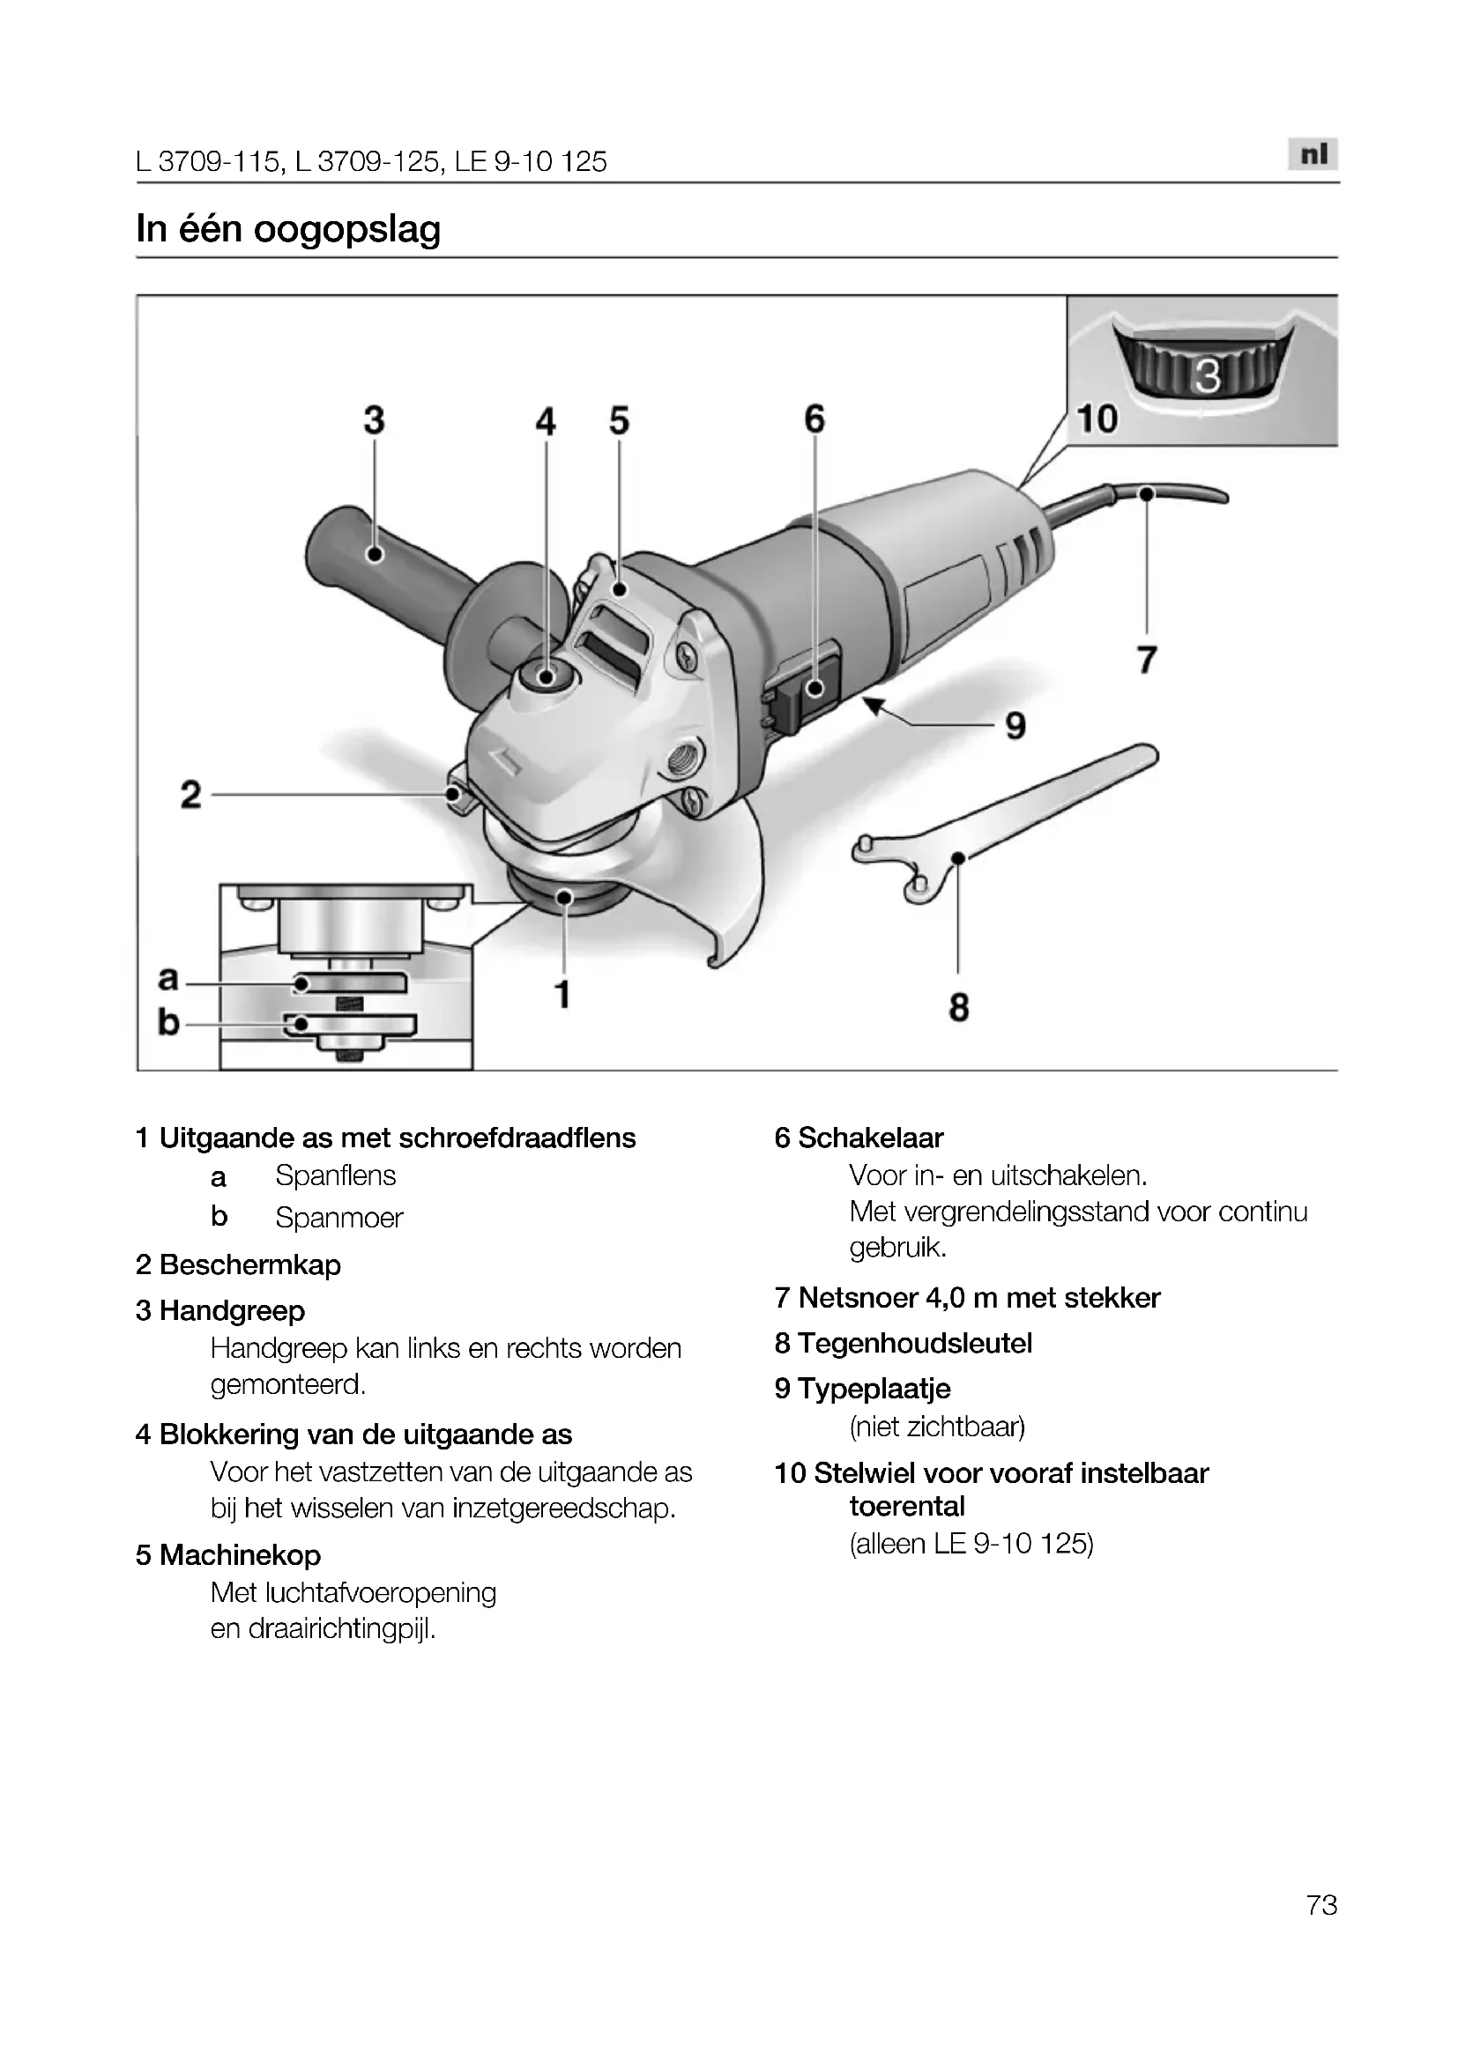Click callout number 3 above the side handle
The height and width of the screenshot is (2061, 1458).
[374, 420]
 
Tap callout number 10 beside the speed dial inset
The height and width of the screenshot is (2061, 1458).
[1097, 419]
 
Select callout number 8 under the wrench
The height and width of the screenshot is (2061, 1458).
[959, 1007]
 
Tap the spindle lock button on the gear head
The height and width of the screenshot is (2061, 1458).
[546, 675]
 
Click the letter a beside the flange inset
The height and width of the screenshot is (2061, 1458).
[167, 977]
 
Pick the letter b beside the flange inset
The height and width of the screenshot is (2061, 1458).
[167, 1022]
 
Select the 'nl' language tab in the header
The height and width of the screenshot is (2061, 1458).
[1313, 155]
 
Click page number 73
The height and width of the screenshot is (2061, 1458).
[1321, 1929]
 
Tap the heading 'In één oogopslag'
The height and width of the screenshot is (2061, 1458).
[288, 229]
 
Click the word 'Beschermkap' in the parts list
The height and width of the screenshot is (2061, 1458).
[249, 1264]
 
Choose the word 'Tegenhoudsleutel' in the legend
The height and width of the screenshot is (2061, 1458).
[915, 1343]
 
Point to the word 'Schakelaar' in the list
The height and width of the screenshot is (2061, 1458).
[870, 1138]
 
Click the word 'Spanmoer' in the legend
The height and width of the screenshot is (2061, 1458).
[338, 1218]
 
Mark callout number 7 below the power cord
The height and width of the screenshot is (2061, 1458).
[1147, 660]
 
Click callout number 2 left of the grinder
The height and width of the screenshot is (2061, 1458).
[190, 795]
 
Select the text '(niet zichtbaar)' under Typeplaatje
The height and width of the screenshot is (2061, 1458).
[936, 1427]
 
